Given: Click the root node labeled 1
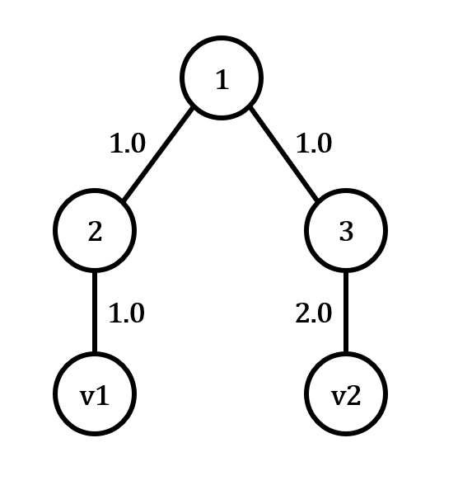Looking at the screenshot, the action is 222,78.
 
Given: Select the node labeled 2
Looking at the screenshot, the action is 95,230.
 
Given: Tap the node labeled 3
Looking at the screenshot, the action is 346,230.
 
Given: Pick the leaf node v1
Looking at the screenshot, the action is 95,393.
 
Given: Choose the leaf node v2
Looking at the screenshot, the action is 346,393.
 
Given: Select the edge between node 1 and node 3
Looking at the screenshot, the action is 283,153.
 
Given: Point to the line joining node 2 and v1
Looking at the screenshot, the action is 95,312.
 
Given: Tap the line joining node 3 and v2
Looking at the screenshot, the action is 346,312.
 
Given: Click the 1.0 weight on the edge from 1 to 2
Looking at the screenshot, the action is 128,144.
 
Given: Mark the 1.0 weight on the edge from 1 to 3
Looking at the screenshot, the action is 314,144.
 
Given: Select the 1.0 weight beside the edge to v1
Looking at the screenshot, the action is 127,313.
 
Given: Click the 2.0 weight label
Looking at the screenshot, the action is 314,313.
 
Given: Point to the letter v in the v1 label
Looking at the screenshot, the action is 87,397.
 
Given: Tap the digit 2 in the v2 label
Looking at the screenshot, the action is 353,395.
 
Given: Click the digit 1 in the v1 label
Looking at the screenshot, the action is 102,395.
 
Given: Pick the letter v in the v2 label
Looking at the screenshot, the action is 339,397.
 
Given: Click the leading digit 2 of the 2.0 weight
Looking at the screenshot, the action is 303,313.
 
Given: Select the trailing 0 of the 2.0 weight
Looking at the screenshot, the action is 325,313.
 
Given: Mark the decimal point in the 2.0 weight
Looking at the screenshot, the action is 314,320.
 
